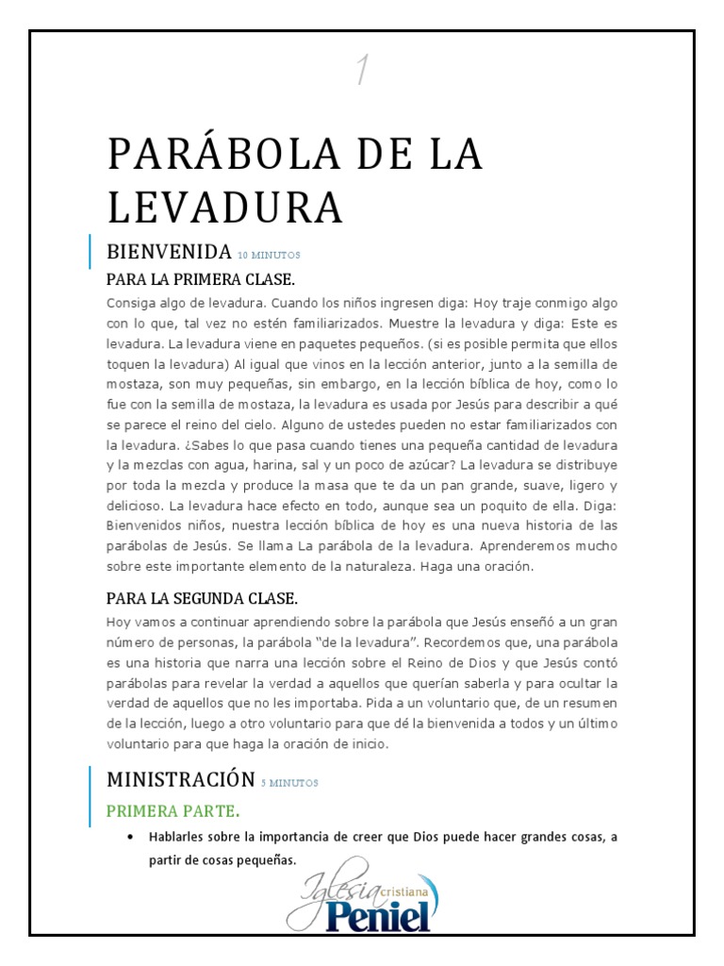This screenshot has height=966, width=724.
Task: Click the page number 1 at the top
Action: [361, 71]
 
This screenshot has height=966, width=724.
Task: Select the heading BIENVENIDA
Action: [169, 252]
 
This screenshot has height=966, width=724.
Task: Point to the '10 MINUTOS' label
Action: [269, 255]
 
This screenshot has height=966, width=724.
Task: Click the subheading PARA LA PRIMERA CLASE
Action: [201, 280]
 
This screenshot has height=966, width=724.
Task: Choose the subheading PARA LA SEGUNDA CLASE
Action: [202, 599]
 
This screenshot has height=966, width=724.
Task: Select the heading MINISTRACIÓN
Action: [180, 779]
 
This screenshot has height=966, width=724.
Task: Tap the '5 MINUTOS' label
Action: [289, 783]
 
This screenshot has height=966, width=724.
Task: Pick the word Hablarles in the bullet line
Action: [178, 837]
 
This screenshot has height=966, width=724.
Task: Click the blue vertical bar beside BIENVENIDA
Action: [90, 252]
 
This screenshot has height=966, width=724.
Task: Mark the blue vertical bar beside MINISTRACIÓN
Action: [90, 783]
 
